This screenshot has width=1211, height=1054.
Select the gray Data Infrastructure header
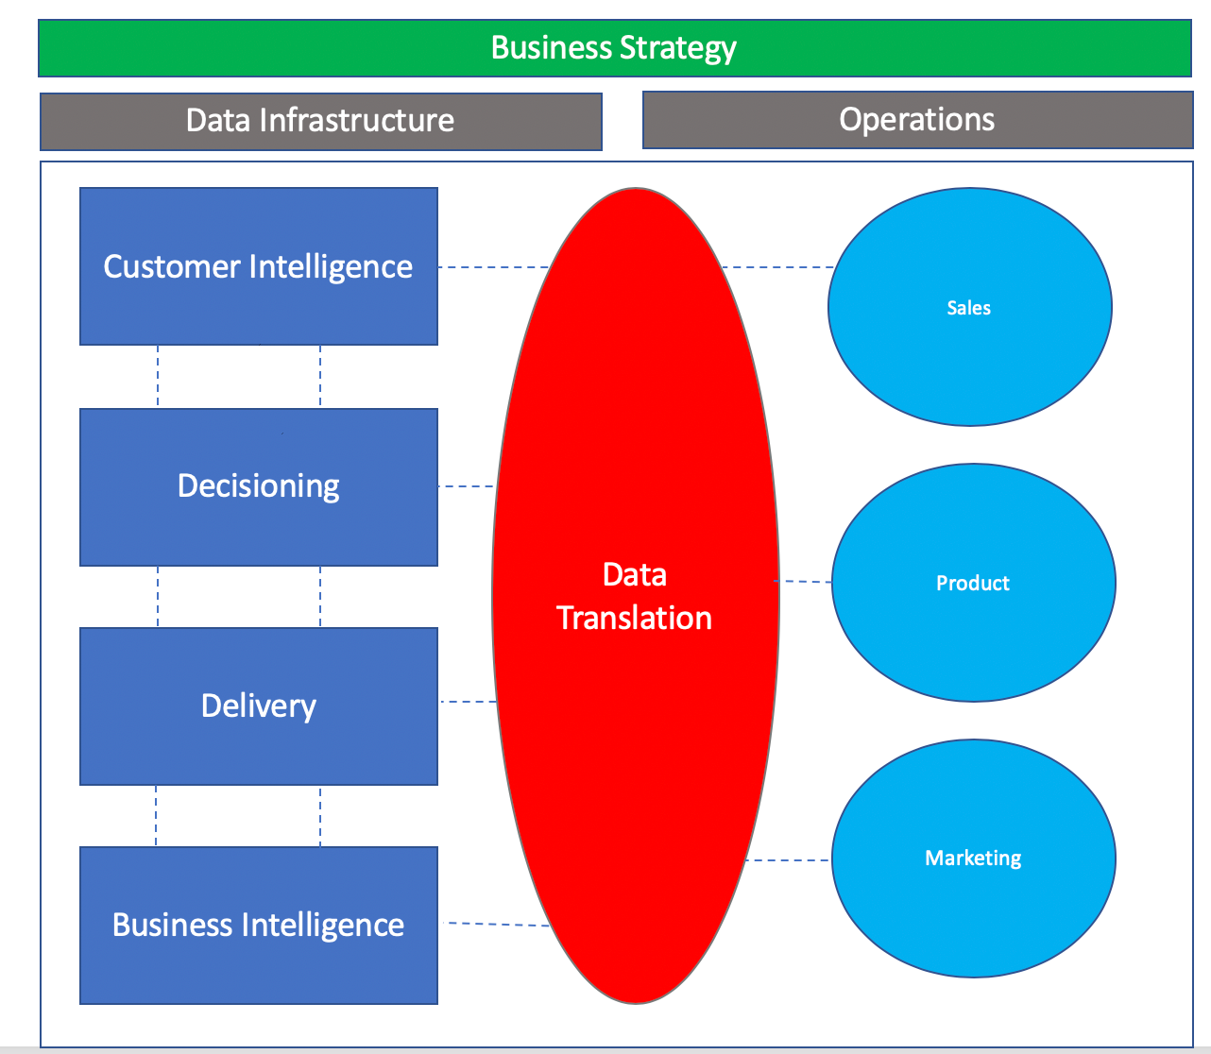[x=320, y=121]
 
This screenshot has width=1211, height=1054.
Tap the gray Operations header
[x=916, y=120]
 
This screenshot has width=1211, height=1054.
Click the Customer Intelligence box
[x=258, y=266]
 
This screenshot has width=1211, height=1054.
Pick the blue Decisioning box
[x=258, y=486]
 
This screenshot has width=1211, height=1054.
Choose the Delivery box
[x=258, y=705]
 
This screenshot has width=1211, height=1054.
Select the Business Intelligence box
[x=258, y=925]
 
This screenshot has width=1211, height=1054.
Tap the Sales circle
[x=969, y=307]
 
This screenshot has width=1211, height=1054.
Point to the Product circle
[x=973, y=583]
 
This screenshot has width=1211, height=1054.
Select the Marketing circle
[x=973, y=858]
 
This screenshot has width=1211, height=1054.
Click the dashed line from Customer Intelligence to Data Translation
[x=493, y=267]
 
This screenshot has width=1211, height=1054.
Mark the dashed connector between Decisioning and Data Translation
[x=466, y=486]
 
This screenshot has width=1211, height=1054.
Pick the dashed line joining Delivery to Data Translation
[x=468, y=702]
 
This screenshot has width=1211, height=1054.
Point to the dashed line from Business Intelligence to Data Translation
[x=498, y=925]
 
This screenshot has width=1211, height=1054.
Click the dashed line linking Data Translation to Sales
[x=777, y=267]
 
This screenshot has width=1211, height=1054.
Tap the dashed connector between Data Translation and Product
[x=804, y=582]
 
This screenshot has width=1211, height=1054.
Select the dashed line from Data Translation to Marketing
[x=788, y=860]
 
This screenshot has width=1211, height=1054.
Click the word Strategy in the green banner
[x=677, y=48]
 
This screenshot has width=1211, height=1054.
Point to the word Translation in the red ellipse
[x=635, y=618]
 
